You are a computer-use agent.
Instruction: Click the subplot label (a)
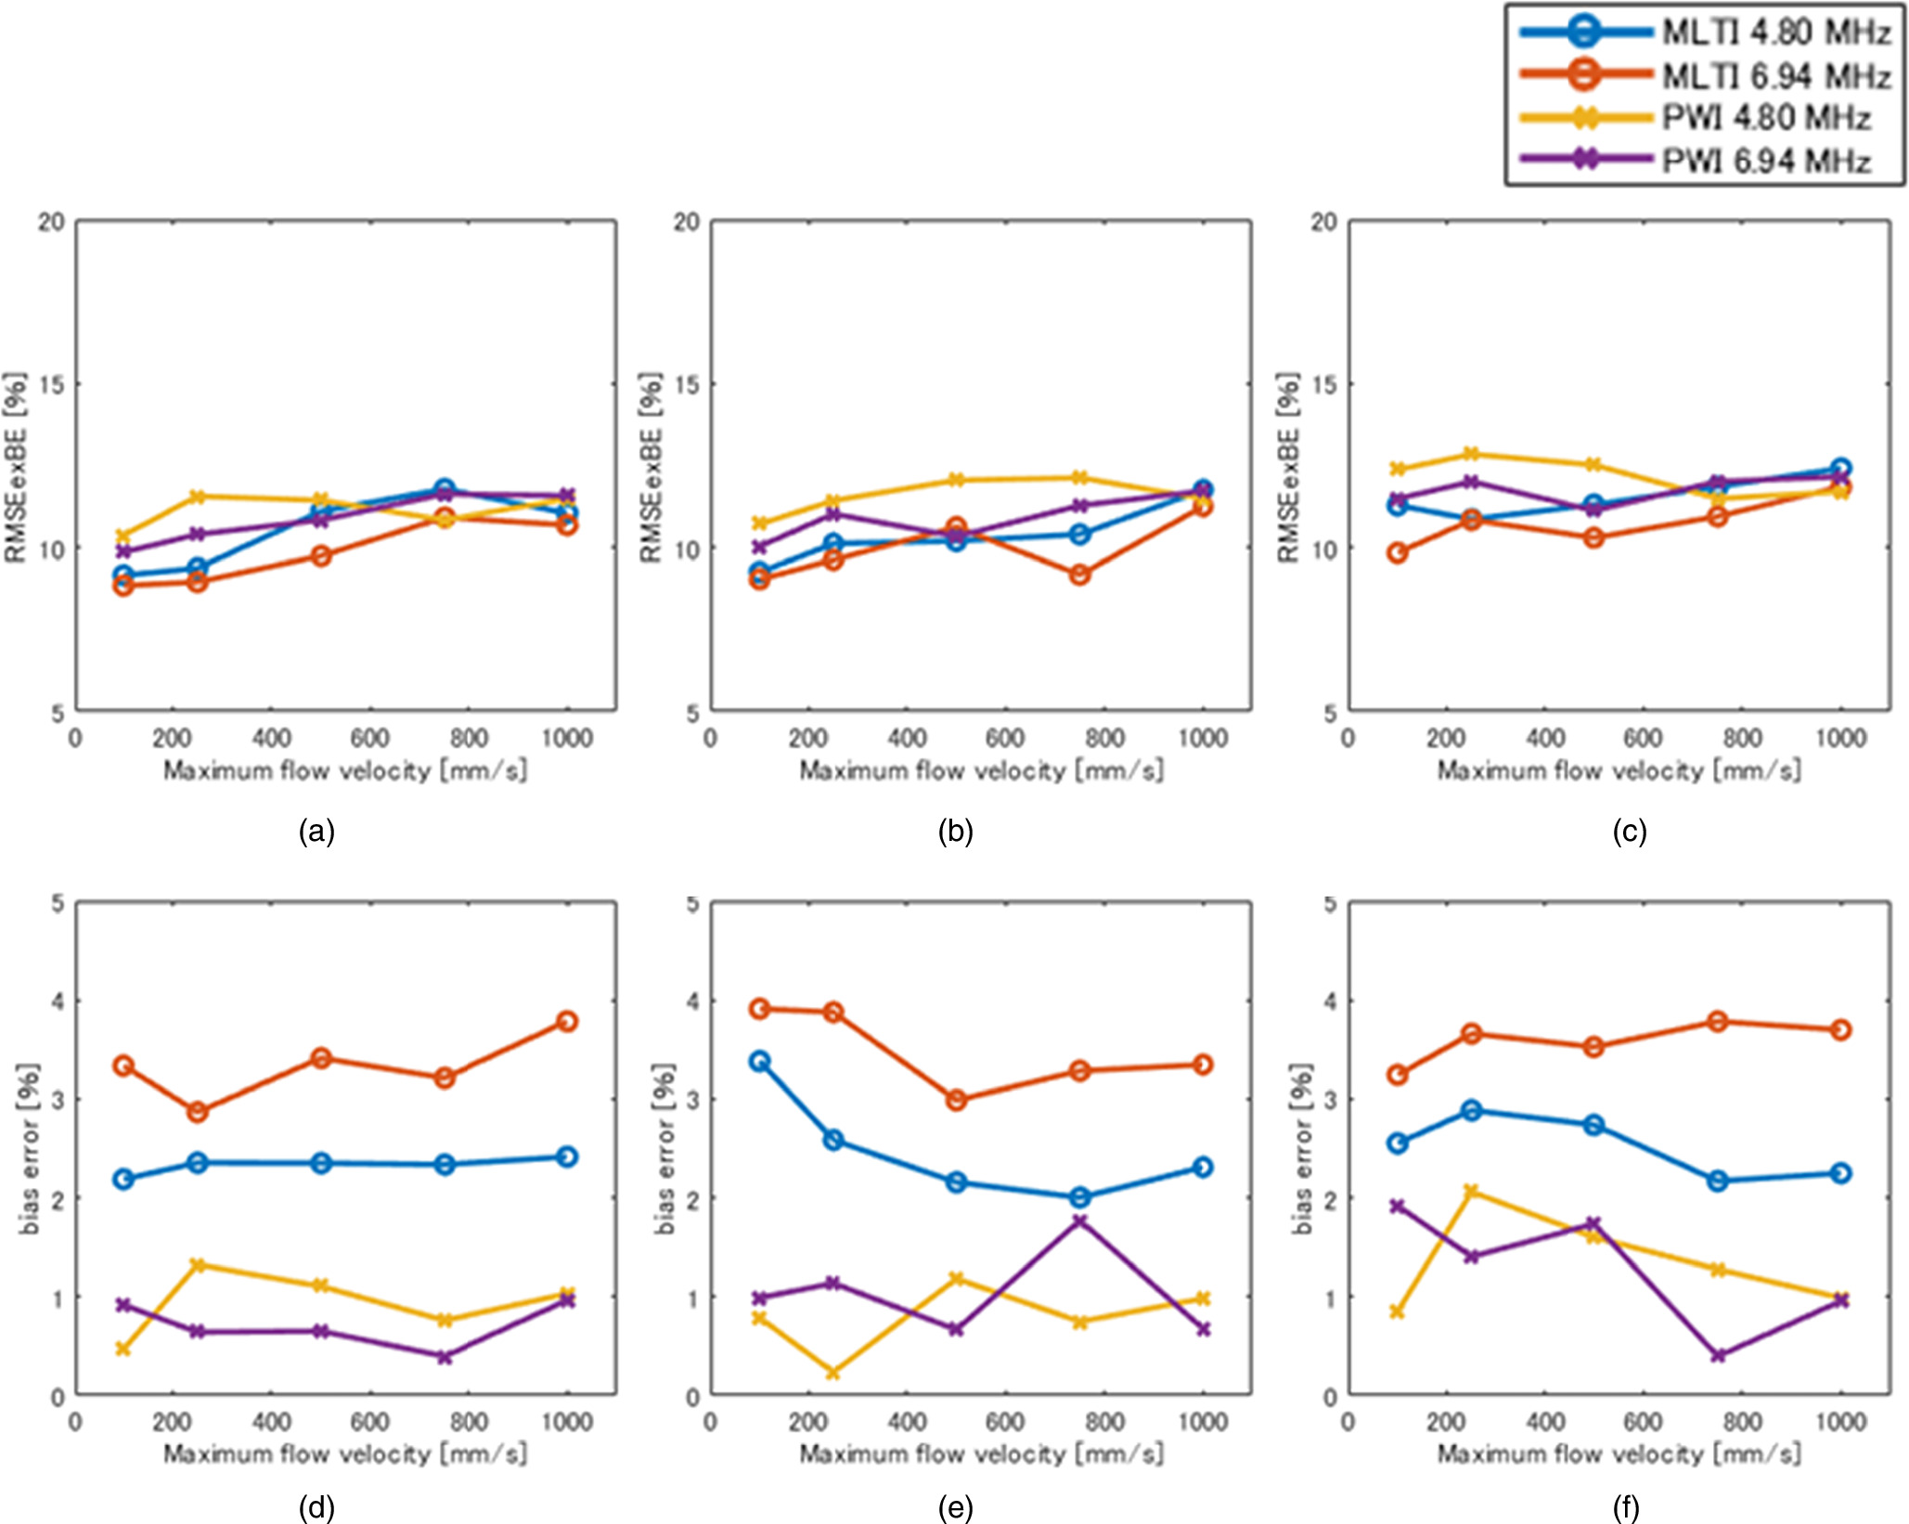[316, 831]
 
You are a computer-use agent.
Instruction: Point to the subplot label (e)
[955, 1508]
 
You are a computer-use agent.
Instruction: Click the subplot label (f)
[1625, 1508]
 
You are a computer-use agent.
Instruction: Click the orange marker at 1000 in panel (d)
[567, 1021]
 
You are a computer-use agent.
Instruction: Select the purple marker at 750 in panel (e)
[1079, 1220]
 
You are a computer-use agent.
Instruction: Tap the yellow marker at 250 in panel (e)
[832, 1373]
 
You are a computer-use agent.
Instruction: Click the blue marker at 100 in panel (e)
[759, 1061]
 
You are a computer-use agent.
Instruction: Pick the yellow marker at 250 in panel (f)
[1471, 1191]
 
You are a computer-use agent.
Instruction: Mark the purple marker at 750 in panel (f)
[1718, 1355]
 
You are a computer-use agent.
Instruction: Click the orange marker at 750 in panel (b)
[1079, 575]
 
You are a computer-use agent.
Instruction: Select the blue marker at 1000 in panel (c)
[1841, 469]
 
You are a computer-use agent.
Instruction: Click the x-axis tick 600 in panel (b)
[1005, 738]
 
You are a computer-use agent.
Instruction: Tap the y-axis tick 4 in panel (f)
[1329, 1001]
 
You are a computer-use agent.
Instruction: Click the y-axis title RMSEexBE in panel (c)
[1288, 468]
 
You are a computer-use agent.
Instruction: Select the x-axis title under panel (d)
[345, 1453]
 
